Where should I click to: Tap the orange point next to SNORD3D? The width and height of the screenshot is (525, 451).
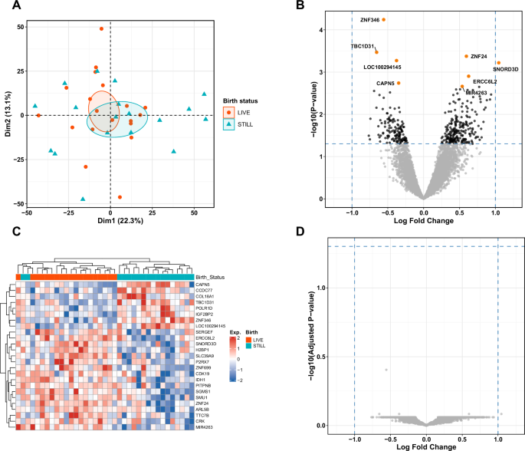click(x=498, y=63)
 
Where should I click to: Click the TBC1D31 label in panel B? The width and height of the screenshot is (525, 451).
click(x=362, y=46)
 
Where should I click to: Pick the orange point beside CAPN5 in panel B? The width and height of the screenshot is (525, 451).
click(x=399, y=83)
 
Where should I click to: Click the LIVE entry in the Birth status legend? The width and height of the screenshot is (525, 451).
click(x=244, y=112)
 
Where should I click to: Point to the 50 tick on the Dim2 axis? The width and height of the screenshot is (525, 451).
click(x=21, y=26)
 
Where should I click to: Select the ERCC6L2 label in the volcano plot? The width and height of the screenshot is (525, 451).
click(x=485, y=81)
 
